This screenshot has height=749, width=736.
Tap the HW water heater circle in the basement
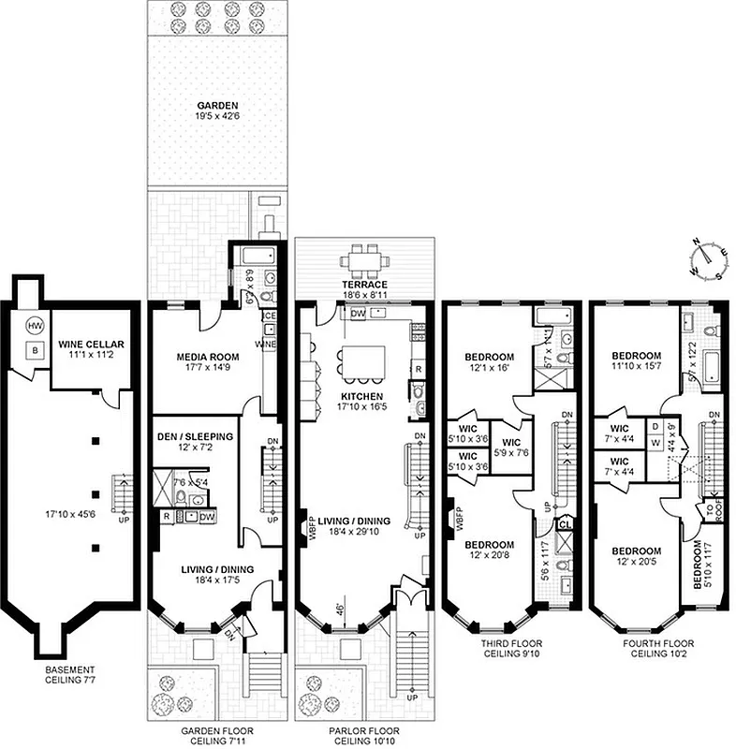(36, 326)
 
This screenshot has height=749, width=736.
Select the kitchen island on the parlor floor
(364, 362)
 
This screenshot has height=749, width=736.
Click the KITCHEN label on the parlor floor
(363, 396)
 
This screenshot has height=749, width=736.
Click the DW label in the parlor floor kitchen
(359, 315)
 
